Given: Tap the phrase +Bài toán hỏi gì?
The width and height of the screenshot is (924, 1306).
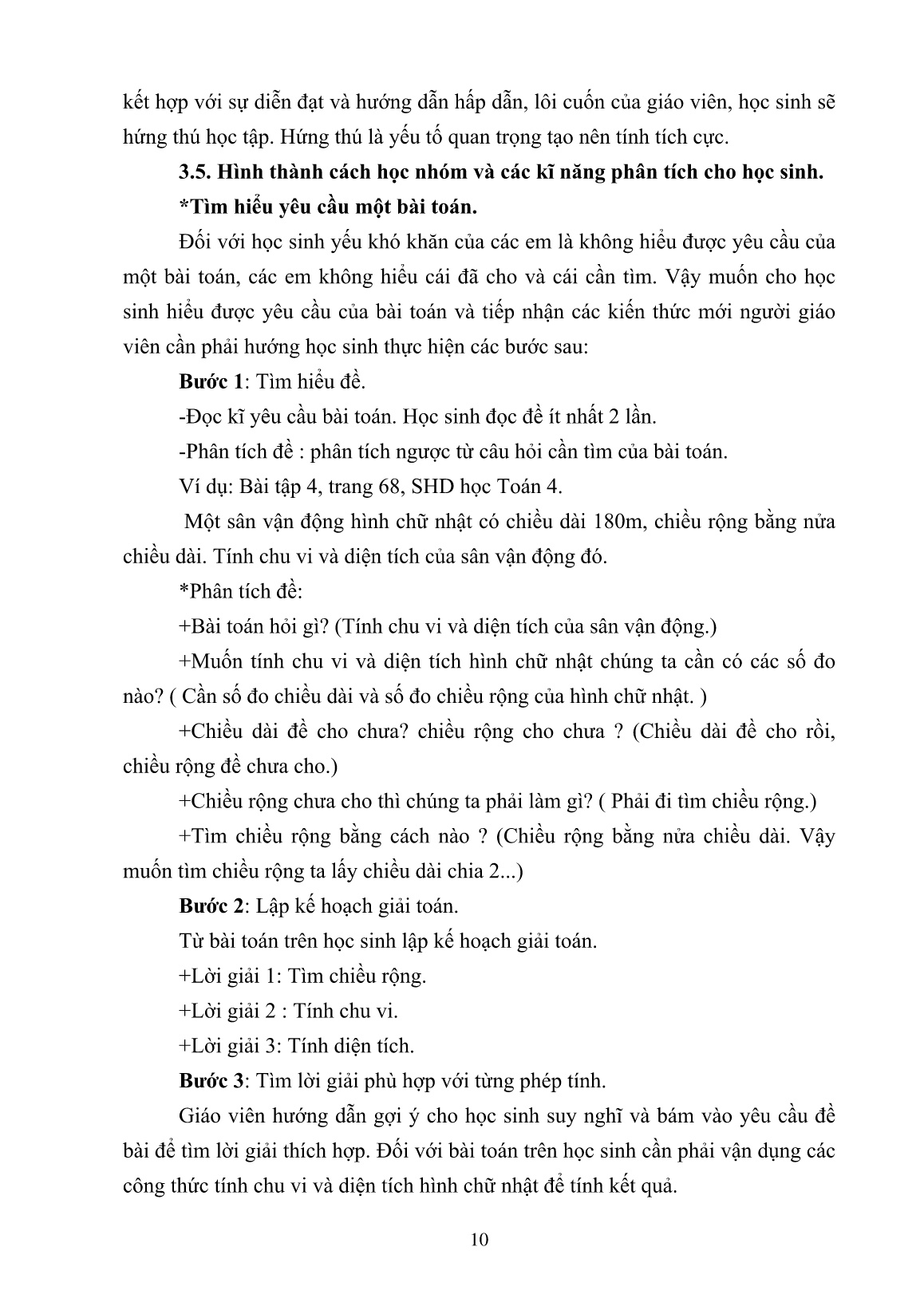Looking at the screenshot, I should (x=251, y=627).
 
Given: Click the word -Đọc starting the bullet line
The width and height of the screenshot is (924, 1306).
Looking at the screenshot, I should (x=199, y=416).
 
